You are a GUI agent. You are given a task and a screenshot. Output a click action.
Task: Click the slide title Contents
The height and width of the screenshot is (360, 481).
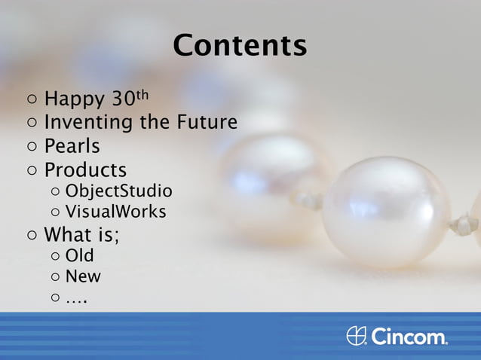(240, 45)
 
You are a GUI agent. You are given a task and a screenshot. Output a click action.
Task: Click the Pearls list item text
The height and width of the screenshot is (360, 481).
(72, 145)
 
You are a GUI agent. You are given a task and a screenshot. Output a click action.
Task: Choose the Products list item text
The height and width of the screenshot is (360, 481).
(85, 169)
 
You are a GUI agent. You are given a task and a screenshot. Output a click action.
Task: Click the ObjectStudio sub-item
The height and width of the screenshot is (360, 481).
(118, 191)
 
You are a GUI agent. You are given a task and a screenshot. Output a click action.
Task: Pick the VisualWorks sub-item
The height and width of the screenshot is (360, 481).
(115, 212)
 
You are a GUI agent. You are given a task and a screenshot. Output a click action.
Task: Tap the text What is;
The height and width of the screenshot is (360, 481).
(81, 234)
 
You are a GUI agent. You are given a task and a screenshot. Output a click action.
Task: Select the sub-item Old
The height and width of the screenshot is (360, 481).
(79, 256)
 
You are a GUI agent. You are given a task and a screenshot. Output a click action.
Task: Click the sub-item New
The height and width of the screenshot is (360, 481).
(82, 276)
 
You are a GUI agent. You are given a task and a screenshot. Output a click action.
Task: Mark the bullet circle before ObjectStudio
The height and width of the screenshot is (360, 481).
(56, 191)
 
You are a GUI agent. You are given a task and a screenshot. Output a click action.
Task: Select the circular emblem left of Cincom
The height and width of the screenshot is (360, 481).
(357, 336)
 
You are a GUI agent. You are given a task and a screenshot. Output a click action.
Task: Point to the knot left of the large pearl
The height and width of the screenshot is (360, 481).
(309, 200)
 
